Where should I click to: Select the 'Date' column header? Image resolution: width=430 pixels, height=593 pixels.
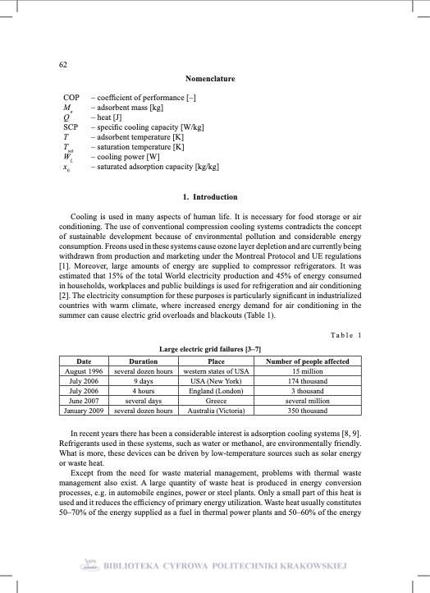84,361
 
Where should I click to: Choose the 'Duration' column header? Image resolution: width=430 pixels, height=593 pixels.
144,361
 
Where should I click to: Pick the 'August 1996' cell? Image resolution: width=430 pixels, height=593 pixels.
84,371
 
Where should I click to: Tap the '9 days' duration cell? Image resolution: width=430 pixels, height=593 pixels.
144,381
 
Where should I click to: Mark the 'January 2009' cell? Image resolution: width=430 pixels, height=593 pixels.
84,410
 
